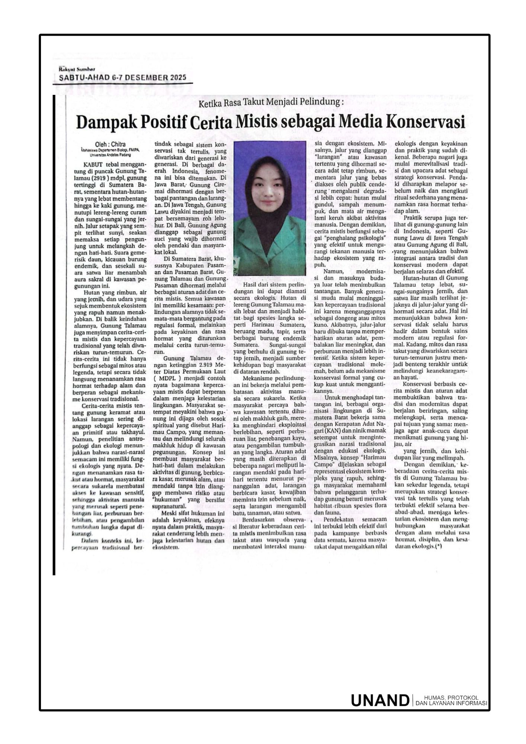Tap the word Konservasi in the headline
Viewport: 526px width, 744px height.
coord(424,122)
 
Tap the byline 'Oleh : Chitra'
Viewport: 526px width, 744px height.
coord(110,144)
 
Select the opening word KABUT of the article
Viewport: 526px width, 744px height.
coord(93,164)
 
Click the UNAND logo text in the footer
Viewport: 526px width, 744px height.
coord(379,700)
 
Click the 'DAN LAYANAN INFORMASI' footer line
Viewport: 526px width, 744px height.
coord(451,703)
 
